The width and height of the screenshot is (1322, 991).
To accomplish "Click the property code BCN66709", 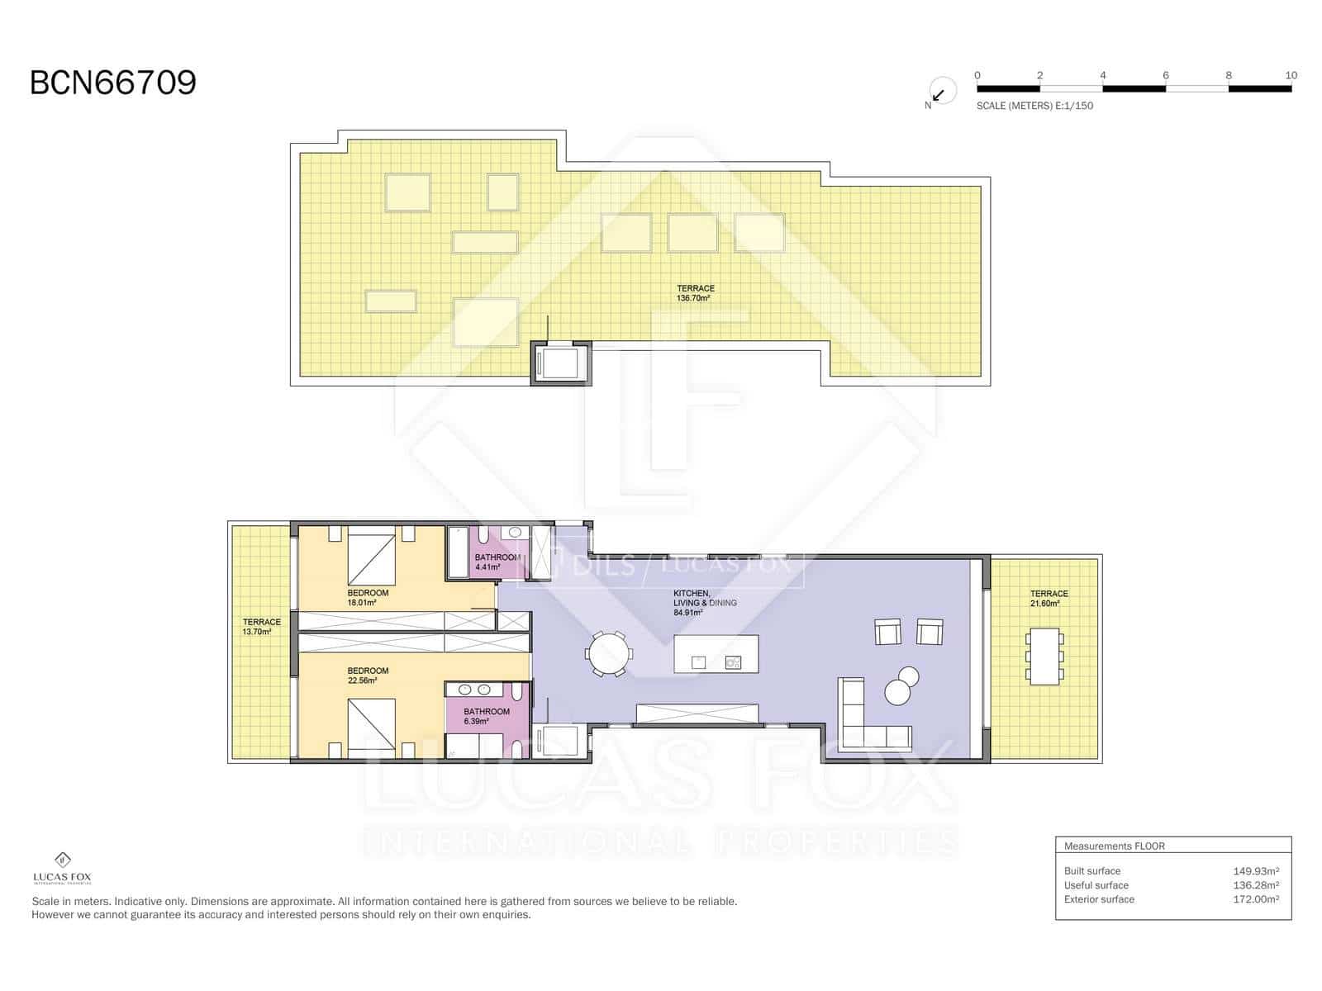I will click(113, 83).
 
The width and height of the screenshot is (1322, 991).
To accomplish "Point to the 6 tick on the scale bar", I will click(1166, 75).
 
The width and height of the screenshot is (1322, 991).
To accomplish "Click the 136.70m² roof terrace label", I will click(695, 293).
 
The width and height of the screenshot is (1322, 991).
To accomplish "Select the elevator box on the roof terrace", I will click(560, 363).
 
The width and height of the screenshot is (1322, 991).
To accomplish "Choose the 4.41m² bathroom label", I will click(497, 562).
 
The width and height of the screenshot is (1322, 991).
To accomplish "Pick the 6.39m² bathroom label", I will click(486, 716).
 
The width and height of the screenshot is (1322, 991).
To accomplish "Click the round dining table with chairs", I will click(608, 653).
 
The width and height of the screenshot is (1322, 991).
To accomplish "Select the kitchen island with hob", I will click(716, 654).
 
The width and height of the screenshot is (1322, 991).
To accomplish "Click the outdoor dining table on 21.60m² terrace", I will click(1044, 657).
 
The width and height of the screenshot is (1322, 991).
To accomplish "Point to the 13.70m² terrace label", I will click(261, 627).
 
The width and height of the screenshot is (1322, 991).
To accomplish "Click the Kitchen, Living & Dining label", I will click(704, 603).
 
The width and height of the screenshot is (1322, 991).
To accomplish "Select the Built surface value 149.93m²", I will click(1255, 870).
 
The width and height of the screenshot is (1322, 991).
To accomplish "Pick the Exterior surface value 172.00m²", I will click(1255, 899).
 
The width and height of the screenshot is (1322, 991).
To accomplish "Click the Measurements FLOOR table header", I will click(1114, 846).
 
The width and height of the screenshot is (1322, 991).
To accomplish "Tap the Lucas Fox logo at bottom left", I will click(62, 868).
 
